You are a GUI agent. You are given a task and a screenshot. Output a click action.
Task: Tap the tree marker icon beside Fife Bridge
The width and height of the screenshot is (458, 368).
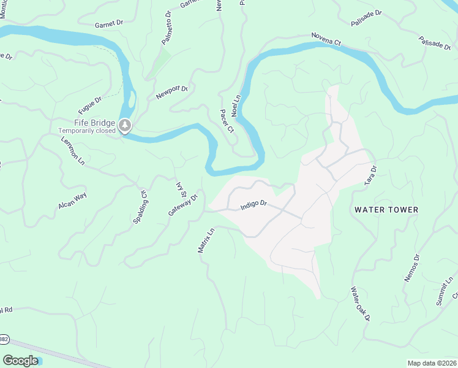pyautogui.click(x=126, y=126)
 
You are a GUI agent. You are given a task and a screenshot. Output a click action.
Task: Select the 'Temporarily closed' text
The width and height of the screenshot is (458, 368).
pyautogui.click(x=86, y=131)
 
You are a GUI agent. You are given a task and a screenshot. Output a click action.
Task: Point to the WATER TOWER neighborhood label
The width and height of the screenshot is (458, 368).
pyautogui.click(x=386, y=210)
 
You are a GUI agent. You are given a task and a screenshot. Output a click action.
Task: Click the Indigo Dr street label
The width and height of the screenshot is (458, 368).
pyautogui.click(x=254, y=204)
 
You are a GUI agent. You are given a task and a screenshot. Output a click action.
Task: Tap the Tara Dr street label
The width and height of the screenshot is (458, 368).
pyautogui.click(x=370, y=174)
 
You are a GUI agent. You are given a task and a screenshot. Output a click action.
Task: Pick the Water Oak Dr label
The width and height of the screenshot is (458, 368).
pyautogui.click(x=361, y=304)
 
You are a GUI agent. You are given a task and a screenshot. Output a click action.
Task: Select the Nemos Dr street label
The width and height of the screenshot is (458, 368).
pyautogui.click(x=412, y=268)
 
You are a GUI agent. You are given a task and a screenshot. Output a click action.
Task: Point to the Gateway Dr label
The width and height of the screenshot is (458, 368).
pyautogui.click(x=184, y=205)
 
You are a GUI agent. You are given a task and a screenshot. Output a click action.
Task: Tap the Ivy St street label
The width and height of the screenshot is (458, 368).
pyautogui.click(x=181, y=186)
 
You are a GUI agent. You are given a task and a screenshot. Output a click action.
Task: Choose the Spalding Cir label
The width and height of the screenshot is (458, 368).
pyautogui.click(x=140, y=206)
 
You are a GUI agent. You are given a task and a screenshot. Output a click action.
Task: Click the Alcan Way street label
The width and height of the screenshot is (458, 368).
pyautogui.click(x=72, y=201)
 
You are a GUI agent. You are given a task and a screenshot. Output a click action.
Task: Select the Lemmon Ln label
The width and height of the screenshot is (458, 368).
pyautogui.click(x=73, y=151)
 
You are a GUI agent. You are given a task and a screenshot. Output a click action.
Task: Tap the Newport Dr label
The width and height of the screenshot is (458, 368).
pyautogui.click(x=171, y=93)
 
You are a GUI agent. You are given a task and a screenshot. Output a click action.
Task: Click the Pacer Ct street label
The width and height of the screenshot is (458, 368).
pyautogui.click(x=227, y=121)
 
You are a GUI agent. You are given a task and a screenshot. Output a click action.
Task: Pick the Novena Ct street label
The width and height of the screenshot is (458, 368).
pyautogui.click(x=325, y=39)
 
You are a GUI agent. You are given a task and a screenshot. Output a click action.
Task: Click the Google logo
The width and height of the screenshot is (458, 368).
pyautogui.click(x=20, y=361)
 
